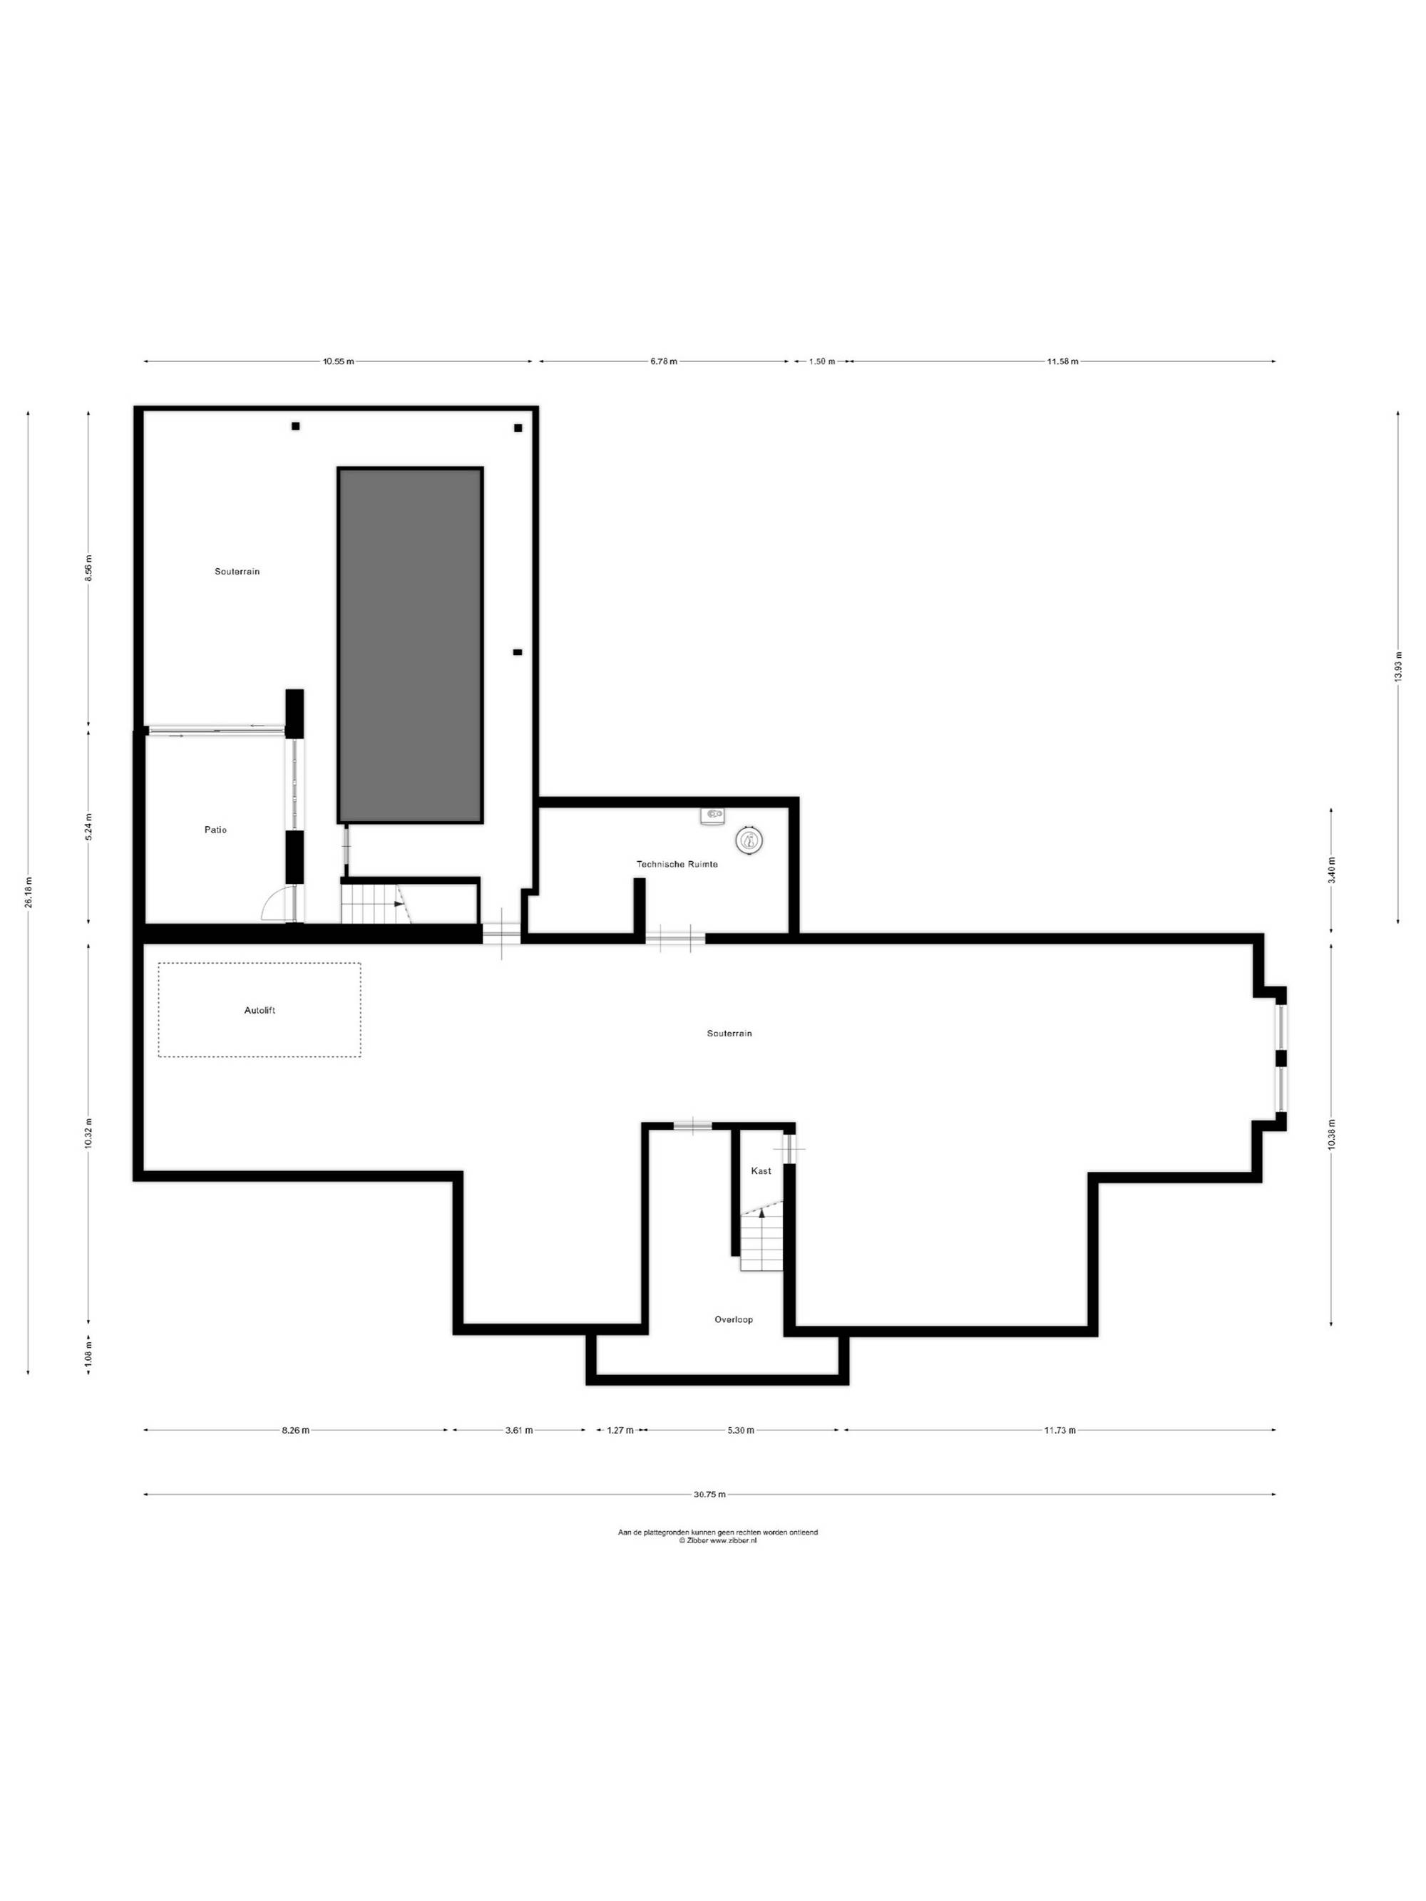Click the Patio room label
point(215,829)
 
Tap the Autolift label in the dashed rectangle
point(260,1010)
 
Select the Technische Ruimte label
point(677,864)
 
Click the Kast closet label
point(761,1170)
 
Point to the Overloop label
point(733,1319)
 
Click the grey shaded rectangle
point(410,645)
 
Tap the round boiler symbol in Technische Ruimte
point(749,840)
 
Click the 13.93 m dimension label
point(1398,665)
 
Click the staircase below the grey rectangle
point(376,903)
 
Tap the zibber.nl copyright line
point(718,1541)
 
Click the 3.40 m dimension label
point(1331,870)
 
